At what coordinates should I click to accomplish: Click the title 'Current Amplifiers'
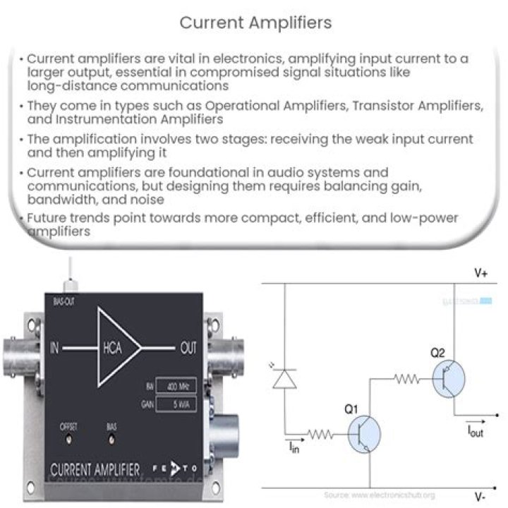[255, 23]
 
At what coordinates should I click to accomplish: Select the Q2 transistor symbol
[448, 379]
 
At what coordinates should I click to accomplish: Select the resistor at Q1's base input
[322, 435]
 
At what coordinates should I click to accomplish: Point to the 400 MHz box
[170, 387]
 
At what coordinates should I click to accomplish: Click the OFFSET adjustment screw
[68, 438]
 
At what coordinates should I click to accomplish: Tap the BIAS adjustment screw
[111, 438]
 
